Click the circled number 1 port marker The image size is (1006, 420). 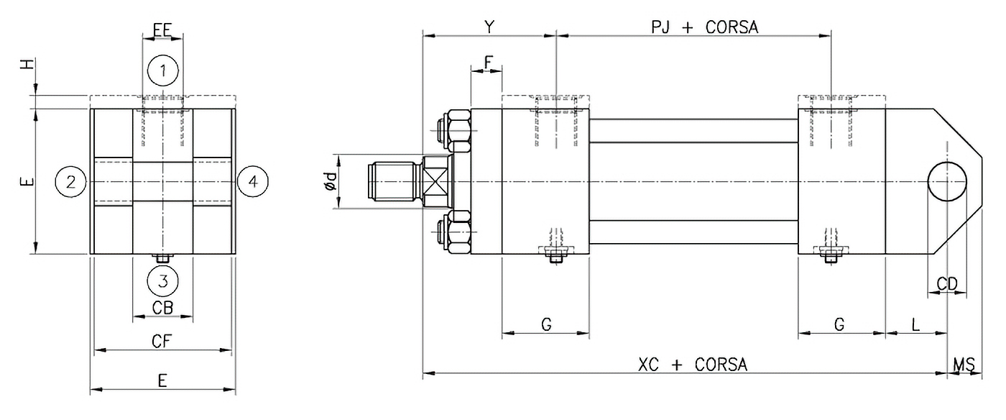pos(163,70)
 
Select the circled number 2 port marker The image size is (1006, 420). pos(70,181)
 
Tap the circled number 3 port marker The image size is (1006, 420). pos(163,280)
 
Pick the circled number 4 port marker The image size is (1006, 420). pos(252,181)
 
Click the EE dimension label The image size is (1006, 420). pos(162,29)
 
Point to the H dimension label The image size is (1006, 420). pos(27,64)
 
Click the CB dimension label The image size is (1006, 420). pos(162,307)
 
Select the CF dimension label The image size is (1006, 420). pos(162,341)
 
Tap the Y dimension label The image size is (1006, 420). pos(489,27)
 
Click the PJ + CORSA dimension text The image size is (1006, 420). pos(704,27)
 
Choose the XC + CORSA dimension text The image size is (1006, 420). pos(693,365)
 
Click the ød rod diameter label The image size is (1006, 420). pos(330,181)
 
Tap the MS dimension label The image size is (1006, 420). pos(963,365)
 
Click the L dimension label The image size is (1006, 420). pos(915,325)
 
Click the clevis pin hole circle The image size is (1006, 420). pos(948,181)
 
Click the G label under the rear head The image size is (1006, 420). pos(839,325)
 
